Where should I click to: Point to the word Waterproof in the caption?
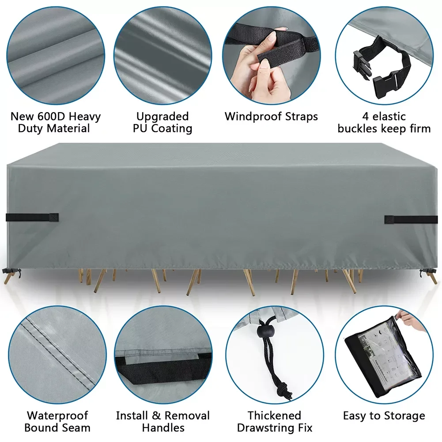57,416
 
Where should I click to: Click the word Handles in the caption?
163,427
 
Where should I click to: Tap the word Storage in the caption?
404,416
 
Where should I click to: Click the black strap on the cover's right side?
411,219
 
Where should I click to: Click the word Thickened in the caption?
274,416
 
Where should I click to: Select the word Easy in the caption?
355,416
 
